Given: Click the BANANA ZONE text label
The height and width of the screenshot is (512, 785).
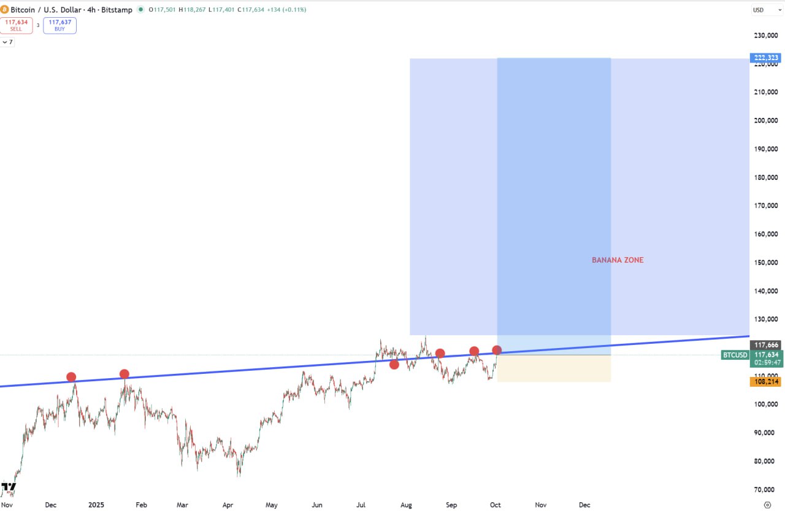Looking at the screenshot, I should [x=618, y=260].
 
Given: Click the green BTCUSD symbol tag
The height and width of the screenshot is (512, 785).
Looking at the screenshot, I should [x=735, y=355].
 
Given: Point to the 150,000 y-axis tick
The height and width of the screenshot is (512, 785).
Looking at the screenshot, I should [x=766, y=263].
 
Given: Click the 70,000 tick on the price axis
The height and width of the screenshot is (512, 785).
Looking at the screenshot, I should [x=766, y=490].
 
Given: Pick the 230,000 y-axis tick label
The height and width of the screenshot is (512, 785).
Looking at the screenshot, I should [x=766, y=35].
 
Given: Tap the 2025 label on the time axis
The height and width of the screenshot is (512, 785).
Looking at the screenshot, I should [x=96, y=505].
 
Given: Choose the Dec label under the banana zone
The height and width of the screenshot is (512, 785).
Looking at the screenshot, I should [x=584, y=505].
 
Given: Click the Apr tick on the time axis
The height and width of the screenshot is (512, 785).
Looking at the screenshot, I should [x=228, y=505].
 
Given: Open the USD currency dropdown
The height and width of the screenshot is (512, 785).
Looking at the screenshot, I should [x=764, y=10].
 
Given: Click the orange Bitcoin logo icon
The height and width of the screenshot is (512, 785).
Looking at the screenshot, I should [x=5, y=10].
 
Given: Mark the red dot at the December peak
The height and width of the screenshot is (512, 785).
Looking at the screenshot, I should [x=71, y=377].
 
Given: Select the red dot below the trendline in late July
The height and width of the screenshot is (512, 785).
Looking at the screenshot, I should [x=394, y=365].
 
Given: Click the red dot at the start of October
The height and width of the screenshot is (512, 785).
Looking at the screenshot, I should [x=497, y=351].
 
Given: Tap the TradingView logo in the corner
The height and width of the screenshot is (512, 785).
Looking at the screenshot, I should [x=9, y=489].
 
